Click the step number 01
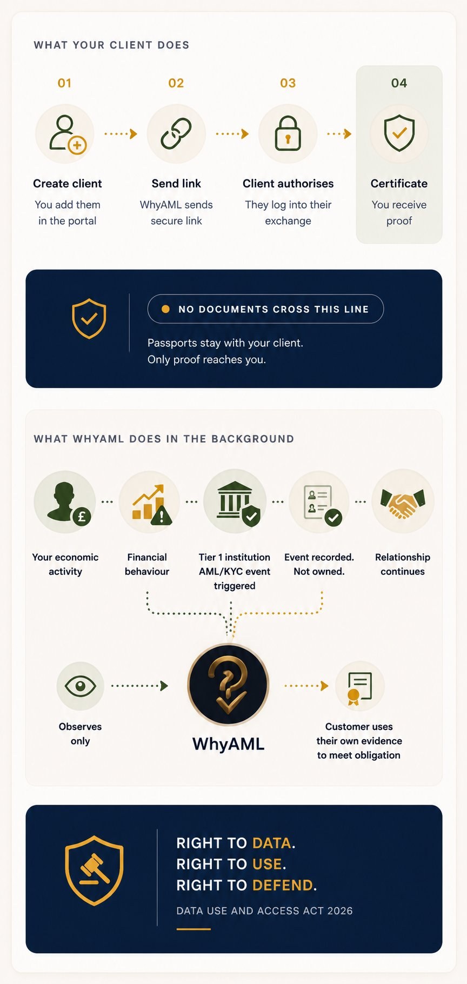(x=64, y=83)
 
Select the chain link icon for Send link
(x=176, y=133)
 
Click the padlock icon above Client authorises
(x=288, y=133)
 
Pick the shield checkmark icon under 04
(x=399, y=133)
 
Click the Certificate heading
(x=399, y=184)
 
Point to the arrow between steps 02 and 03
(x=232, y=133)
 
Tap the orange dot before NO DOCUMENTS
(x=166, y=309)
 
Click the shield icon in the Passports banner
(x=89, y=319)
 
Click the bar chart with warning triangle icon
(x=150, y=503)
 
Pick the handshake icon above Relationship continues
(x=403, y=501)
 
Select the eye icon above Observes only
(x=80, y=686)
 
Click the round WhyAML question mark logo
(x=228, y=684)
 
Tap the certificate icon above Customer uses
(x=359, y=687)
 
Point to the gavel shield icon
(x=95, y=870)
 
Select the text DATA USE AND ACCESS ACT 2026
(x=264, y=911)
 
